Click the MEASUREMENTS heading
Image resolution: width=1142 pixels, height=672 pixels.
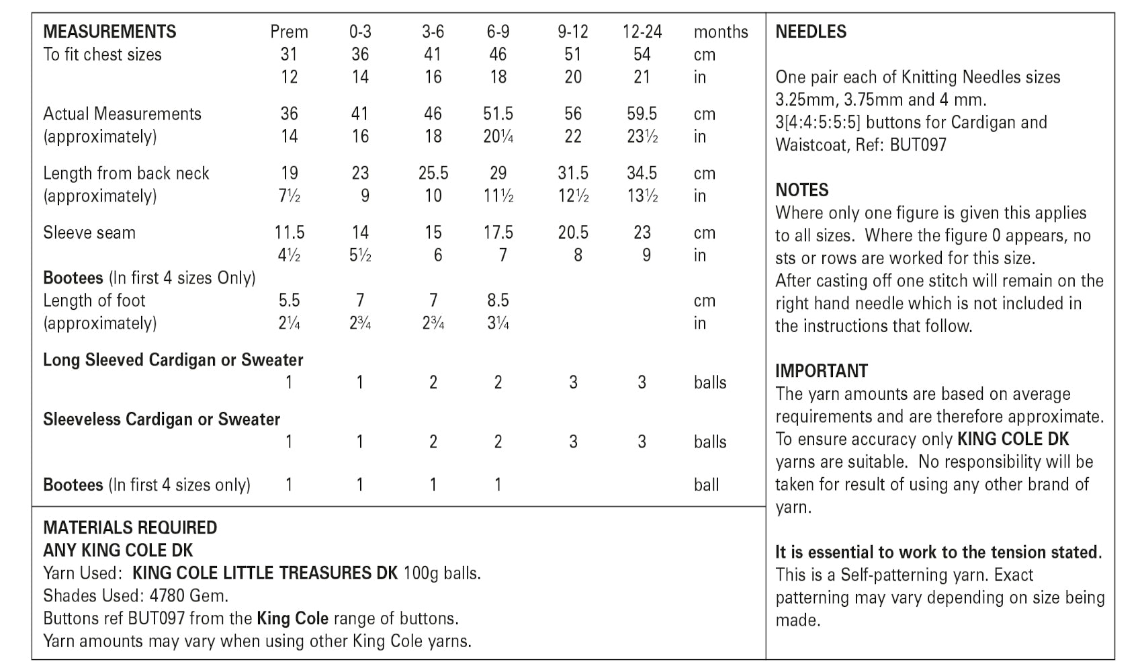pos(109,32)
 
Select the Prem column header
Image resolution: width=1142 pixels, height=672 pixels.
pos(289,32)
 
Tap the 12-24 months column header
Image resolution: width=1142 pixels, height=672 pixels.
pos(642,32)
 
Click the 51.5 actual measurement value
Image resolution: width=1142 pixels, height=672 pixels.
pos(498,114)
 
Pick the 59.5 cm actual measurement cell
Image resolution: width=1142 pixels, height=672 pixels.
pos(642,114)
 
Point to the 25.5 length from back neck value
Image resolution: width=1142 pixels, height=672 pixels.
pos(433,173)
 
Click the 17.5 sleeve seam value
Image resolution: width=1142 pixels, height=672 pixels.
pos(498,233)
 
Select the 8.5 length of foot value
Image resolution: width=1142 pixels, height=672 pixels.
pos(498,300)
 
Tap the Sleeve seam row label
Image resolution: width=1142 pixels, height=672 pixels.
pos(89,233)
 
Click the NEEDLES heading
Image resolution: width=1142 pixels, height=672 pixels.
pos(811,32)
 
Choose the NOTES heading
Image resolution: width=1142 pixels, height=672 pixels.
pos(802,190)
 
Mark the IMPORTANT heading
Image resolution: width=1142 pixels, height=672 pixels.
pos(822,371)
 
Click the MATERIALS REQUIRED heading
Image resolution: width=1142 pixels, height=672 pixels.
pos(130,528)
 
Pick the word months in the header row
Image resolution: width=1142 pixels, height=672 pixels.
pos(721,32)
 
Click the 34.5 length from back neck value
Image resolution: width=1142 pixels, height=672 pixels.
pos(642,173)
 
